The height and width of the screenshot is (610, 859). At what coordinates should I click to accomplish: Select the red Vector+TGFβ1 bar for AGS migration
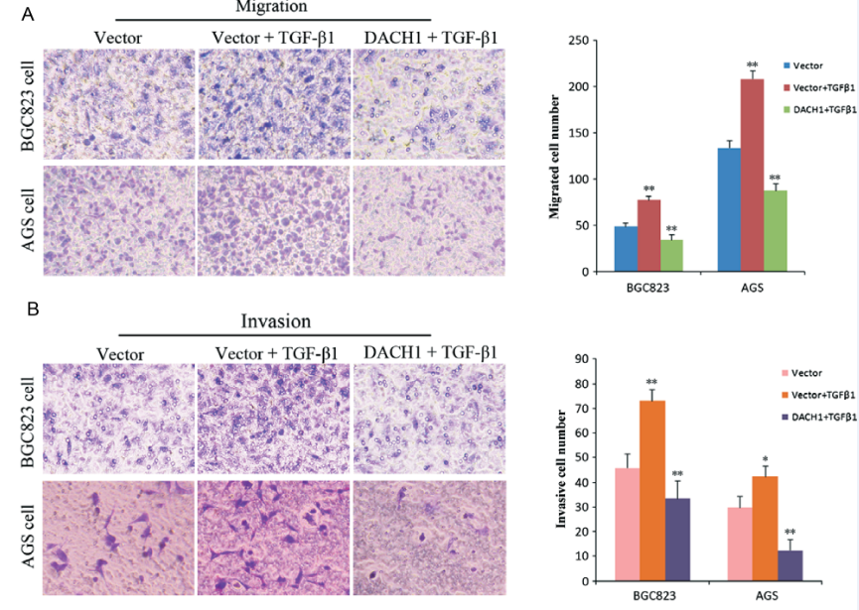[x=752, y=175]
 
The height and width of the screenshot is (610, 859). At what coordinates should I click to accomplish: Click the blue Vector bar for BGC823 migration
[x=625, y=249]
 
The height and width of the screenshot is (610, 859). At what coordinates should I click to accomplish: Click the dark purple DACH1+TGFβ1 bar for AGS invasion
[x=790, y=565]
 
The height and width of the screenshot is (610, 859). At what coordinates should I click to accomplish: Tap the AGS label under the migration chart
[x=752, y=286]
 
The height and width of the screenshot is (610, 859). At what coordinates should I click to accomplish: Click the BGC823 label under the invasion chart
[x=650, y=597]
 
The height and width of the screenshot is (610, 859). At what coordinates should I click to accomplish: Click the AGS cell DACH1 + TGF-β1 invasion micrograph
[x=430, y=530]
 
